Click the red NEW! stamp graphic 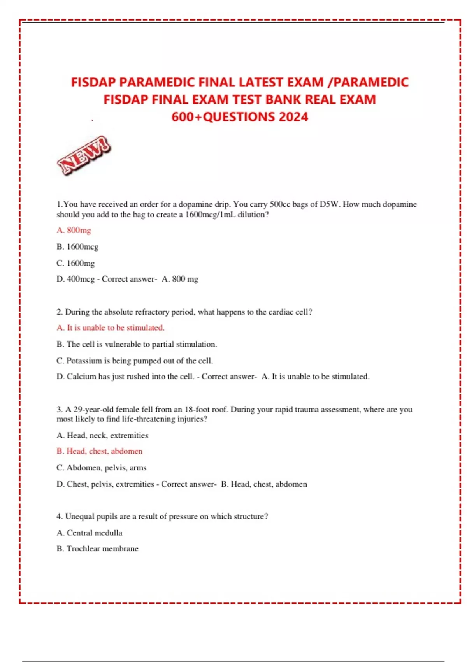pyautogui.click(x=84, y=155)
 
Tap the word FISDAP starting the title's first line pyautogui.click(x=93, y=82)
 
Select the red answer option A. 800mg pyautogui.click(x=74, y=230)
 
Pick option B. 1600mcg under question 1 pyautogui.click(x=77, y=246)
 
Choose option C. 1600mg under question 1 pyautogui.click(x=75, y=263)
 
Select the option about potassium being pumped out pyautogui.click(x=134, y=361)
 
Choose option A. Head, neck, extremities pyautogui.click(x=102, y=435)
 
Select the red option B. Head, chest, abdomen pyautogui.click(x=99, y=451)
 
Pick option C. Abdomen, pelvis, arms pyautogui.click(x=101, y=468)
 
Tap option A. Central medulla pyautogui.click(x=89, y=533)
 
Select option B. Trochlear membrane pyautogui.click(x=97, y=549)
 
